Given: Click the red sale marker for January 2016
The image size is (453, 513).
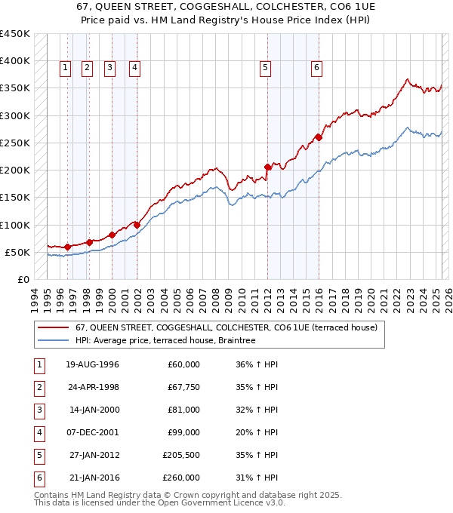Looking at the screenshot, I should (319, 137).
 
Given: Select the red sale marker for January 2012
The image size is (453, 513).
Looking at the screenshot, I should (267, 167).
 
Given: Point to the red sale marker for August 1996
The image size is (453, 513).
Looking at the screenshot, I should (67, 247).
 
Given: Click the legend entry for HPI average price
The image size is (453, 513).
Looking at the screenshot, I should (165, 341).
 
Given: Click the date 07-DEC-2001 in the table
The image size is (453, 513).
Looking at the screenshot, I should (92, 432).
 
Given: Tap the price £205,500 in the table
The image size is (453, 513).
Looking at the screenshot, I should (181, 455).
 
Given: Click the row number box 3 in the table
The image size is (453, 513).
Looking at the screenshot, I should (39, 410).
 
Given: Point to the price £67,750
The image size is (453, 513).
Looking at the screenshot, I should (183, 387).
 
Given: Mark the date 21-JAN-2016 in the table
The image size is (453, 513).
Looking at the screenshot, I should (92, 478).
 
